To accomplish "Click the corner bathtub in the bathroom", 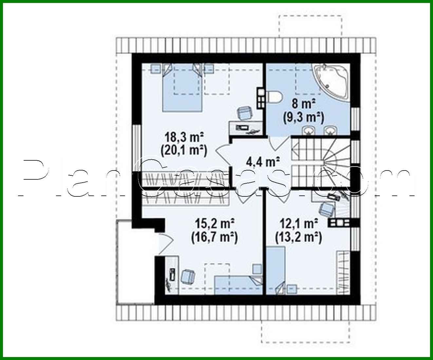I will point(331,81).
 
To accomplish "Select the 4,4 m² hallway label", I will point(263,161).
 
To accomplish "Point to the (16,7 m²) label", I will point(214,237).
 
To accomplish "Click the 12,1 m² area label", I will point(299,224).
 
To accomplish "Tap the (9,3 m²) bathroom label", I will point(303,117).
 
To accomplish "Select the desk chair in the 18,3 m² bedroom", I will point(244,113).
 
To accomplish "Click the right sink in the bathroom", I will point(329,130).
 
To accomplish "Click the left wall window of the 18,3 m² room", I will point(137,148).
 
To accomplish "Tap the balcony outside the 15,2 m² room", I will point(135,262).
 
